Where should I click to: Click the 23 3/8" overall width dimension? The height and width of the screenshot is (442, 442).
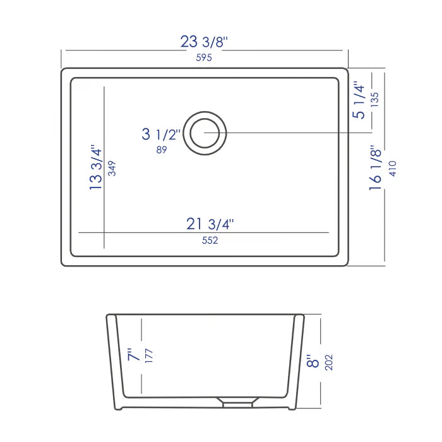[204, 43]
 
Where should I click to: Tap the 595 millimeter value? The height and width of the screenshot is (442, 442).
[203, 58]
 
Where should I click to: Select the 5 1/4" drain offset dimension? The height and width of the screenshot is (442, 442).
[359, 100]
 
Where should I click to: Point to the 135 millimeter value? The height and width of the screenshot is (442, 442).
[374, 100]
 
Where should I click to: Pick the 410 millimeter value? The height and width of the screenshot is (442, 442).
[392, 168]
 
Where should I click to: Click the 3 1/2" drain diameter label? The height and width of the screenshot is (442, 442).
[161, 134]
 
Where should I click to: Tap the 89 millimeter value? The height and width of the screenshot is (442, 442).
[161, 150]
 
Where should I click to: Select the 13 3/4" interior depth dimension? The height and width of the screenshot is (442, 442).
[95, 168]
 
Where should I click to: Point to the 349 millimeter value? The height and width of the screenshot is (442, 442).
[112, 168]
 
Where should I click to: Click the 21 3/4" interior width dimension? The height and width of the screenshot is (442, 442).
[210, 224]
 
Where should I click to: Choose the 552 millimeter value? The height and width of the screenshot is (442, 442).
[210, 240]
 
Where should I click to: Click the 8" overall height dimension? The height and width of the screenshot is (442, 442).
[311, 362]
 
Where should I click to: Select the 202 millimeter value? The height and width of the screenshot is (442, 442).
[328, 362]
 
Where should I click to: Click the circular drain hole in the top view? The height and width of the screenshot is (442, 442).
[205, 133]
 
